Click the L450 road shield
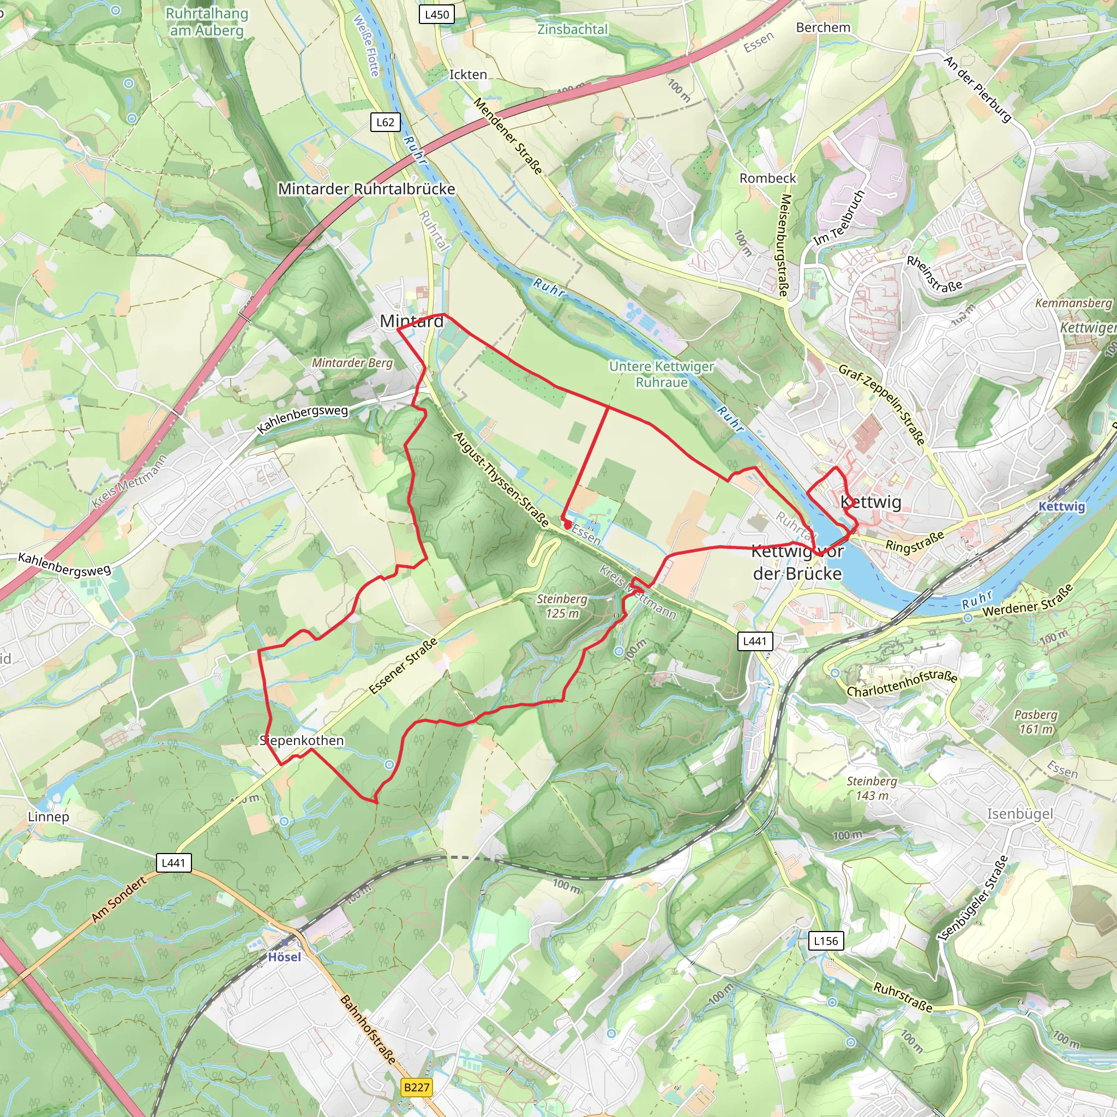pyautogui.click(x=436, y=15)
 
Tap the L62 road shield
pyautogui.click(x=385, y=122)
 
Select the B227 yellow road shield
pyautogui.click(x=417, y=1087)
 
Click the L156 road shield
pyautogui.click(x=826, y=941)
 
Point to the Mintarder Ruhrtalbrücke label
pyautogui.click(x=367, y=189)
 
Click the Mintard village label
pyautogui.click(x=412, y=321)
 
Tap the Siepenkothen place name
pyautogui.click(x=302, y=741)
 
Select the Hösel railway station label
pyautogui.click(x=285, y=957)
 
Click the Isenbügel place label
pyautogui.click(x=1020, y=814)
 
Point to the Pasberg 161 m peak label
pyautogui.click(x=1036, y=722)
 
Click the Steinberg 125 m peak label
pyautogui.click(x=562, y=606)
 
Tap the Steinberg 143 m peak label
pyautogui.click(x=872, y=789)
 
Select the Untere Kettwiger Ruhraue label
pyautogui.click(x=662, y=374)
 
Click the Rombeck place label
pyautogui.click(x=768, y=178)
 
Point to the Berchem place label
pyautogui.click(x=822, y=27)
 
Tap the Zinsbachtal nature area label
pyautogui.click(x=572, y=29)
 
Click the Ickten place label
pyautogui.click(x=468, y=75)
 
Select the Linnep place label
pyautogui.click(x=49, y=817)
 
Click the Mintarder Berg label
pyautogui.click(x=352, y=363)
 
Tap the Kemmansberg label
pyautogui.click(x=1073, y=303)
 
